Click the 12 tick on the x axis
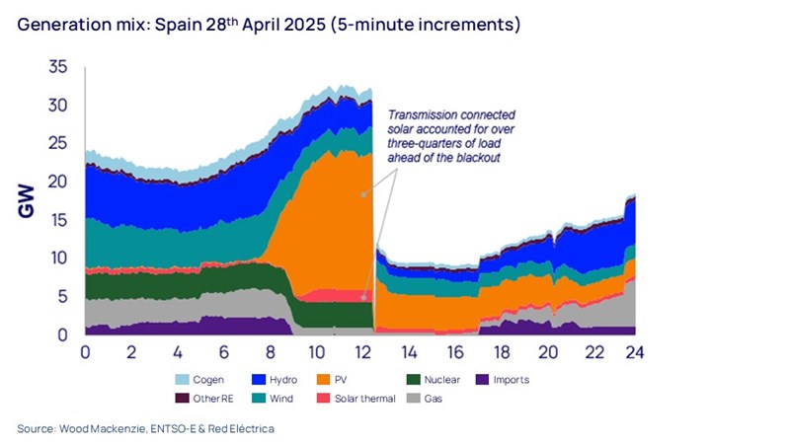click(x=361, y=352)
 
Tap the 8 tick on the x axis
click(x=270, y=352)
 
